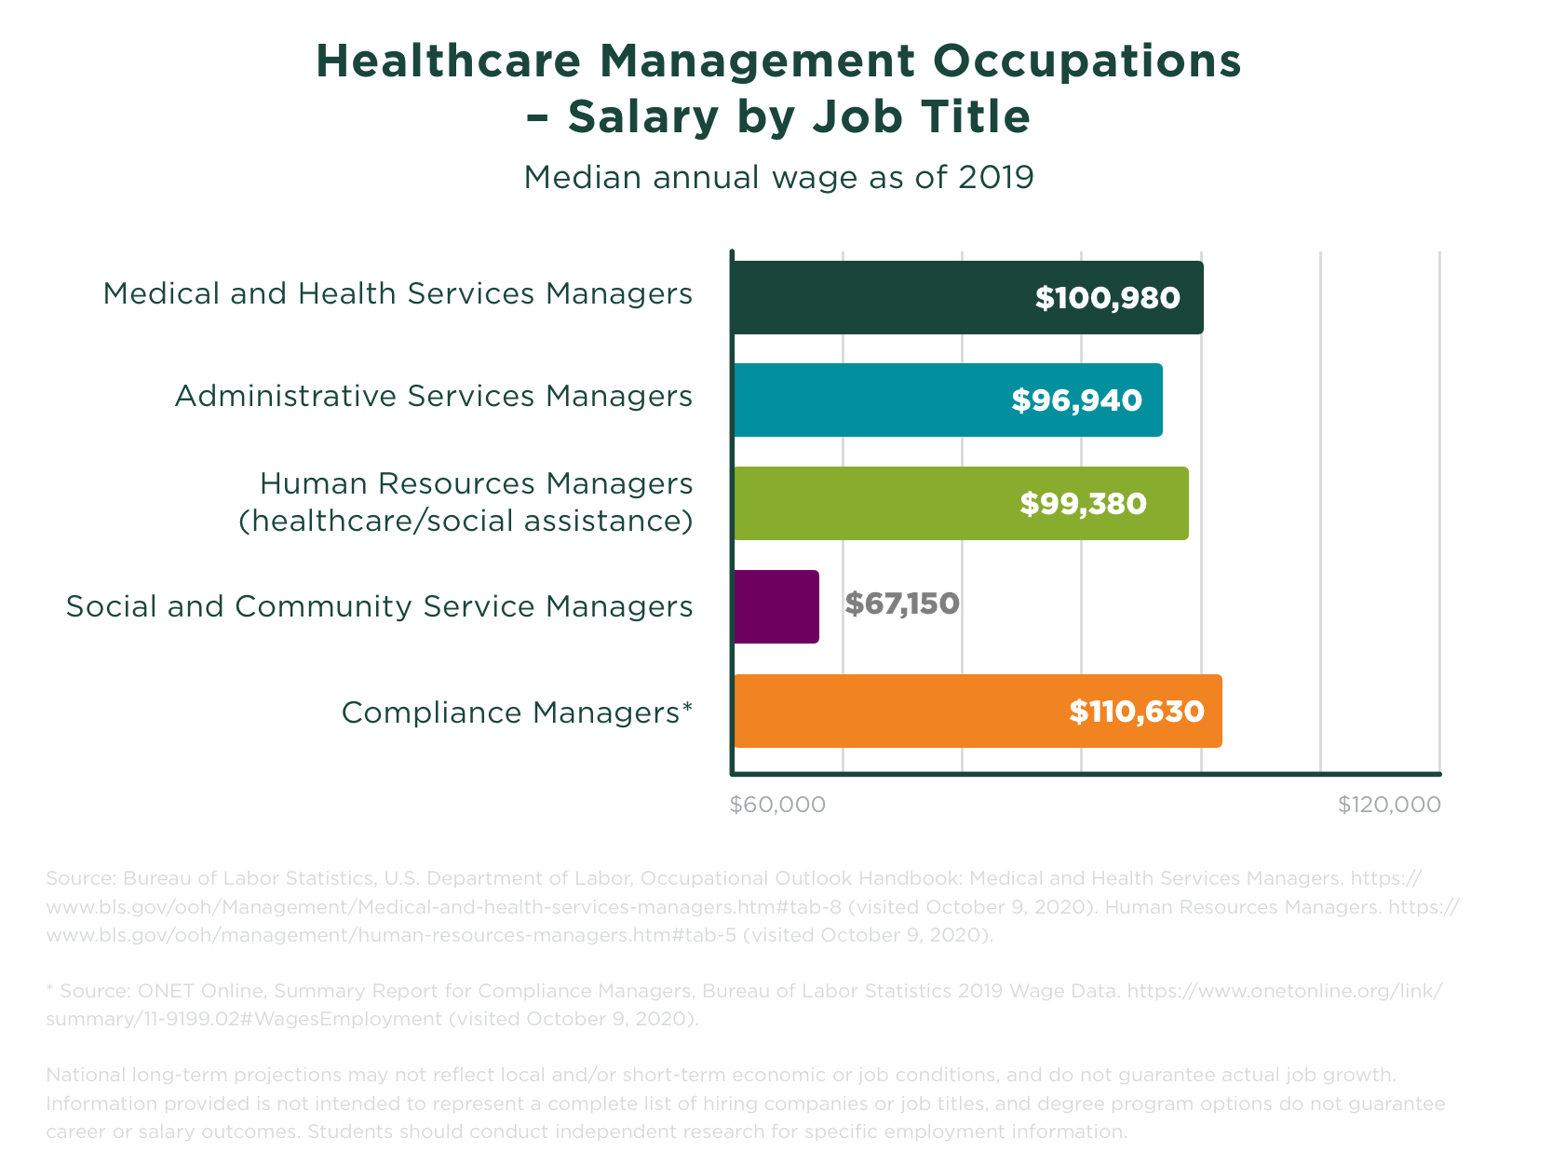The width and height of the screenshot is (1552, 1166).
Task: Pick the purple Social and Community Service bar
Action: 776,606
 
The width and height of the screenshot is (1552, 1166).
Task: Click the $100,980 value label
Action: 1107,299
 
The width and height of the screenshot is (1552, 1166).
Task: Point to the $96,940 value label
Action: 1076,401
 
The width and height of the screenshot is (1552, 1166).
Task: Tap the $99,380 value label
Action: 1083,504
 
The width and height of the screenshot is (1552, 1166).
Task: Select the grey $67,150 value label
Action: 901,604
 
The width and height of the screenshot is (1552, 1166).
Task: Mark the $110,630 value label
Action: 1136,712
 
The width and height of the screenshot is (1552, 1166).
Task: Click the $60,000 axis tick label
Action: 777,805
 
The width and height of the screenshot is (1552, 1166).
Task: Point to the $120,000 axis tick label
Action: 1388,805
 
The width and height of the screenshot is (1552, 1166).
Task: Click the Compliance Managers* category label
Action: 517,712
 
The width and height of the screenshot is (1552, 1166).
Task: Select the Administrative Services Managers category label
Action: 433,397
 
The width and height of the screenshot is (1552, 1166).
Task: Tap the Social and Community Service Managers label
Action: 379,607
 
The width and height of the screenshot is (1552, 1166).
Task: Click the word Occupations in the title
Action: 1087,61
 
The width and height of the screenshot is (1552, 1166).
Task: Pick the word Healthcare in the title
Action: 448,61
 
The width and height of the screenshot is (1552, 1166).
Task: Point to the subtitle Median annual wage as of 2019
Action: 778,177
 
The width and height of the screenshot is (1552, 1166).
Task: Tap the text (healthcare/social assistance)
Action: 466,521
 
